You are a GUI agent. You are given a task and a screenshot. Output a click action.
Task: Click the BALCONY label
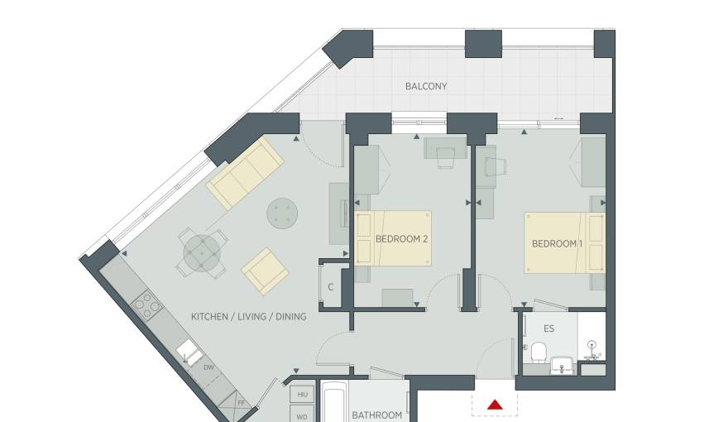coord(426,86)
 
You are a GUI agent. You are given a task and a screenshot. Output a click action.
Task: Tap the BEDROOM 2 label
coord(401,239)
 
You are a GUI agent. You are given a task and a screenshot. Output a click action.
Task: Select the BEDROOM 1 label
coord(557,244)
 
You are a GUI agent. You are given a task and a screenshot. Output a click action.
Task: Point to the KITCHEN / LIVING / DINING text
coord(249,317)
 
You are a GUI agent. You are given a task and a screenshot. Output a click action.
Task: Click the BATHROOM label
coord(377,415)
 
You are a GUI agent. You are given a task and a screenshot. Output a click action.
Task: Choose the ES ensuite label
coord(548,328)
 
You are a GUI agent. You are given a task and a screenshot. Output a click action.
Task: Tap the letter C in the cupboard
coord(331,287)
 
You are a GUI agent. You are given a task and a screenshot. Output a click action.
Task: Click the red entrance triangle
coord(495,405)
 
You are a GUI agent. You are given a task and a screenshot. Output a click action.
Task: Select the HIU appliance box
coord(302,395)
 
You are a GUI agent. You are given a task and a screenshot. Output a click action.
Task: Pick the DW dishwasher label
coord(208,367)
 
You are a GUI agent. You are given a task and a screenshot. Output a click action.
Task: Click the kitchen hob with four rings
coord(147,305)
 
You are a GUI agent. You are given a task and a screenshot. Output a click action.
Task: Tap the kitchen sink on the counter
coord(189,352)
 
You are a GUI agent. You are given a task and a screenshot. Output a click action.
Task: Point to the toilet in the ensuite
coord(539,352)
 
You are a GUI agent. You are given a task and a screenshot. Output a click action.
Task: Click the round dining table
coord(202,253)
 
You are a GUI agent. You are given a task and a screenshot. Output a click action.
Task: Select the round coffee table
coord(282,213)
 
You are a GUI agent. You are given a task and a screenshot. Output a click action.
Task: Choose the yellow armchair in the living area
coord(265,271)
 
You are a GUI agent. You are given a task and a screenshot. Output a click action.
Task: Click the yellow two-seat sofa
coord(245,173)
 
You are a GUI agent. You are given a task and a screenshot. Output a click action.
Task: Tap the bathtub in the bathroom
coord(333,402)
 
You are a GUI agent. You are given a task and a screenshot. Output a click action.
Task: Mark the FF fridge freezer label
coord(241,403)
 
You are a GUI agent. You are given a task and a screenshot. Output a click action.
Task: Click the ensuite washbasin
coord(563,366)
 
